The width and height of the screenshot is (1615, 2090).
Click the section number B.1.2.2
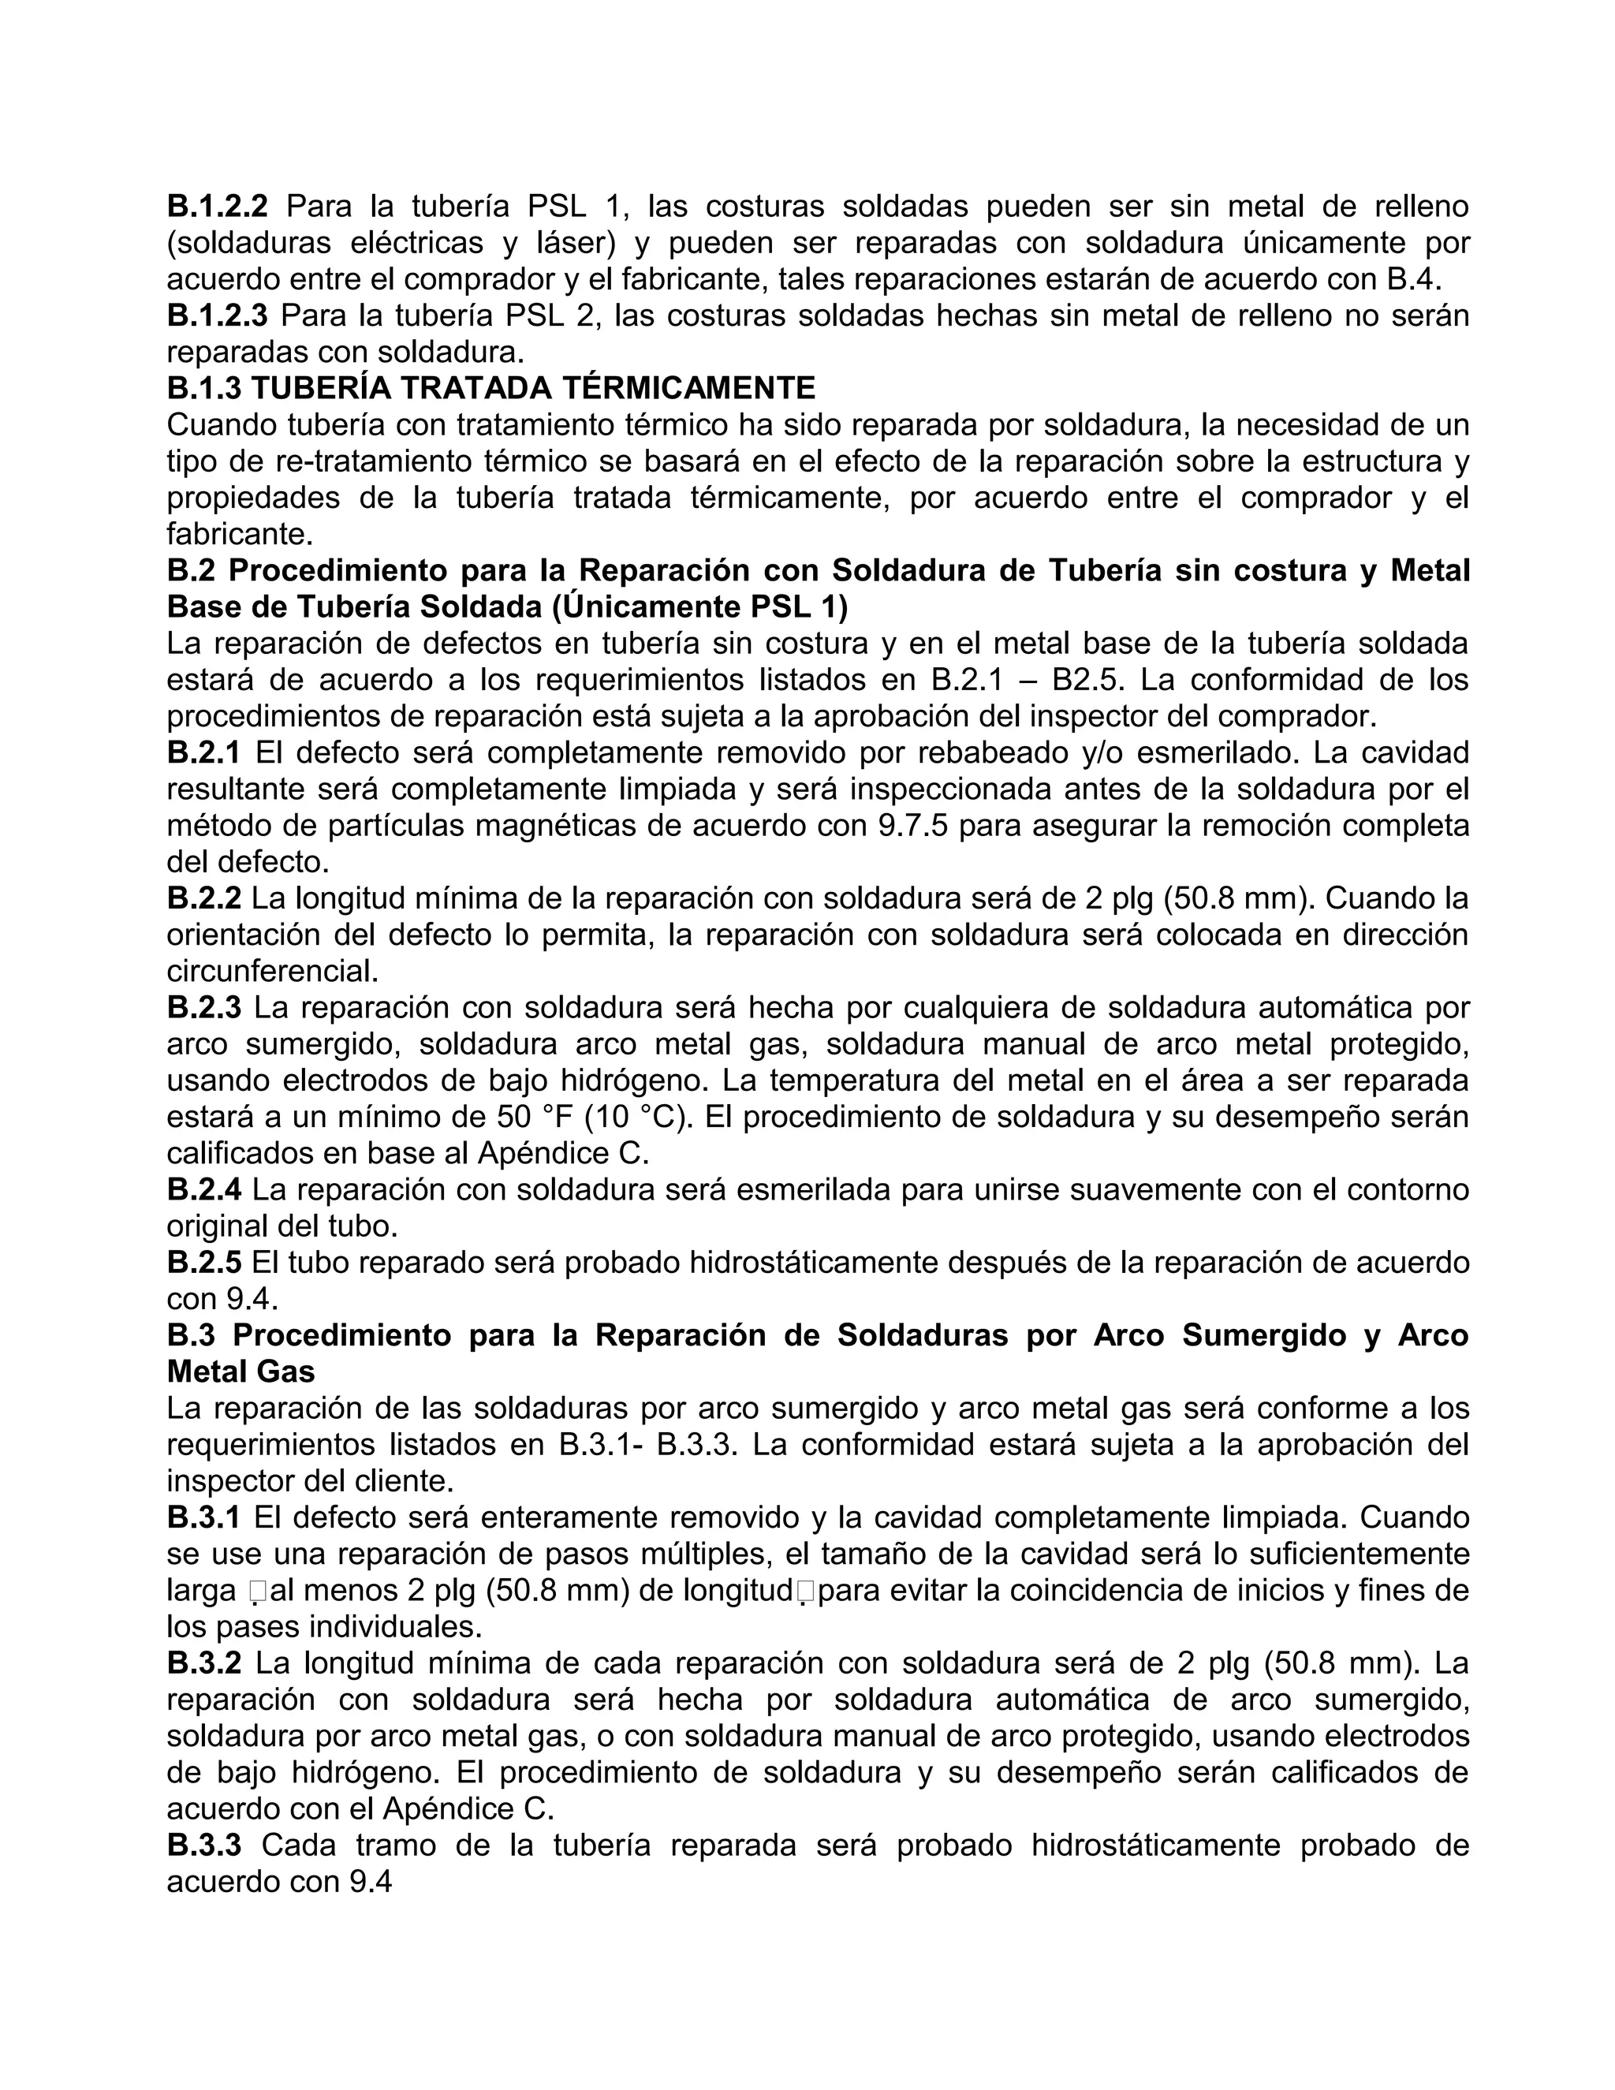(x=217, y=206)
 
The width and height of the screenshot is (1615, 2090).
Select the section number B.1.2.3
(x=217, y=315)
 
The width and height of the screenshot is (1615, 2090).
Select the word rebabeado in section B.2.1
(x=983, y=752)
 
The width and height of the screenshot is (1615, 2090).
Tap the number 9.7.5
(x=912, y=825)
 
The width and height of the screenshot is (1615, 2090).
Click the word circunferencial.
(x=273, y=972)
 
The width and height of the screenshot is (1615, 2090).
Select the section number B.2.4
(x=203, y=1189)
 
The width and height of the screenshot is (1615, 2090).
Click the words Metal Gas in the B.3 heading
(x=241, y=1372)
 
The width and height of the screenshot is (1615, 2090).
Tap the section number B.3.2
(x=203, y=1663)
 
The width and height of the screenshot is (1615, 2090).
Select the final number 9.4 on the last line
(x=371, y=1881)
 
